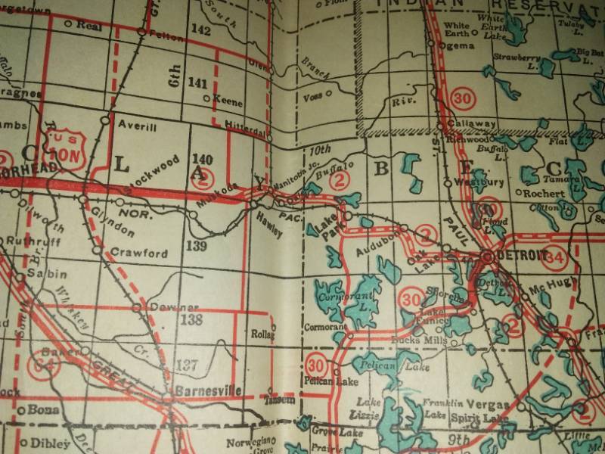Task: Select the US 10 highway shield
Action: click(x=64, y=148)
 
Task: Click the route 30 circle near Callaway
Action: click(x=461, y=97)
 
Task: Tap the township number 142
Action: click(x=200, y=30)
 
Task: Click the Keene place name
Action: click(x=228, y=100)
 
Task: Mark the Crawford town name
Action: click(x=138, y=253)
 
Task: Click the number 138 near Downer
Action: click(x=192, y=320)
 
